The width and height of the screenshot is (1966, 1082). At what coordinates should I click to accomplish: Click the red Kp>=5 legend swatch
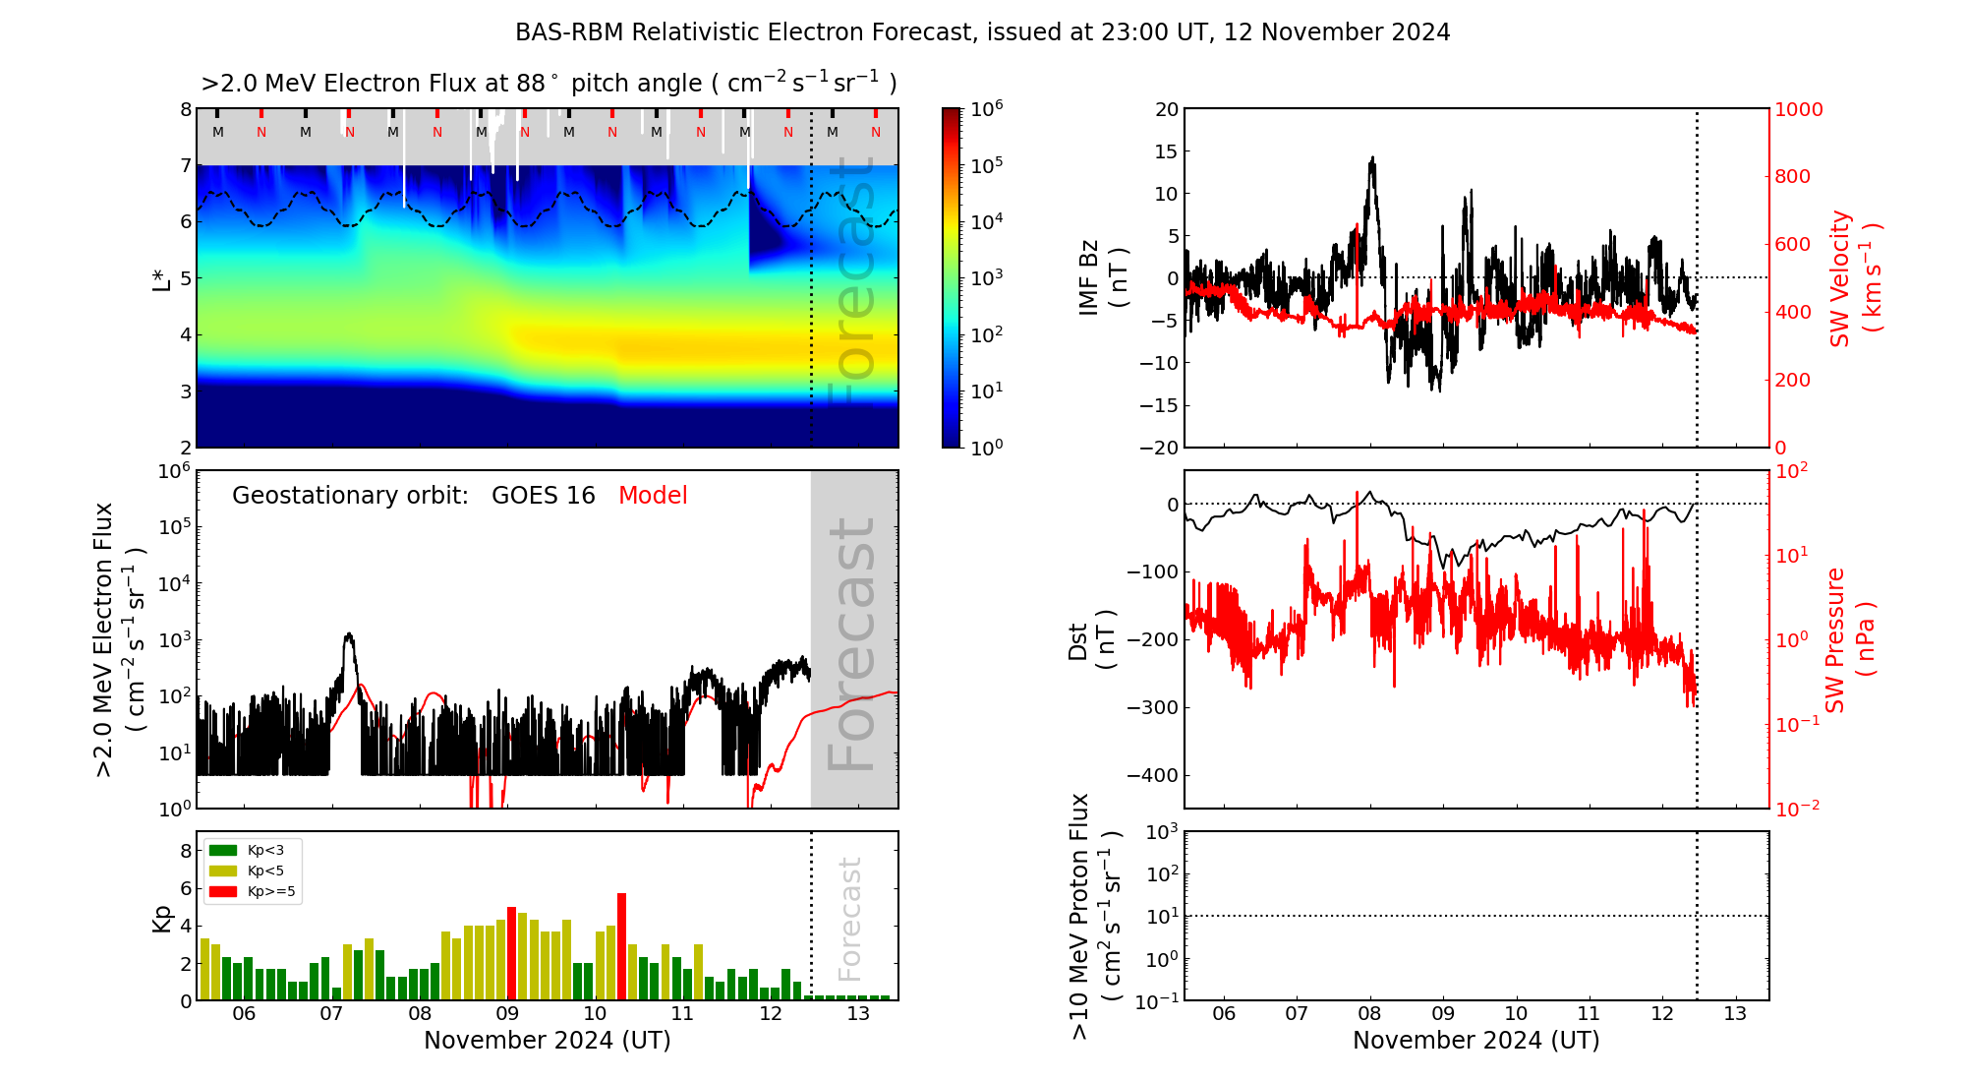pos(223,892)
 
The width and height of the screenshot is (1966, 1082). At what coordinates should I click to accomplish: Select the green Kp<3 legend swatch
pos(223,850)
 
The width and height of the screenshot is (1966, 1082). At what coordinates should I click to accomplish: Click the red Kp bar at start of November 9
pos(511,952)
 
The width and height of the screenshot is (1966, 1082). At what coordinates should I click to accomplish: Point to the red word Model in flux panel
pos(653,496)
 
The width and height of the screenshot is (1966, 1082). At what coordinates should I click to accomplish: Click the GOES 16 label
pos(543,496)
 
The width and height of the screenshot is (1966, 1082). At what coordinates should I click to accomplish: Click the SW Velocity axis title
pos(1854,277)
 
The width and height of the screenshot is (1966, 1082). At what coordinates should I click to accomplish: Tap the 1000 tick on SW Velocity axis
pos(1798,109)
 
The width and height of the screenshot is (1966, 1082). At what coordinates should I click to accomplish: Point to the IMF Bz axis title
pos(1103,277)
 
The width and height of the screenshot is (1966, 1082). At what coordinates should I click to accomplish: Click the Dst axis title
pos(1091,639)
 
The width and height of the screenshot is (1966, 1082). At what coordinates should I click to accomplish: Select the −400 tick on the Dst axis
pos(1151,775)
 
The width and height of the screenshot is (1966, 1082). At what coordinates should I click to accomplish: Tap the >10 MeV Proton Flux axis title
pos(1095,916)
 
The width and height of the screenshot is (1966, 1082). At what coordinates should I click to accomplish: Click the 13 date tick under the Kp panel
pos(858,1014)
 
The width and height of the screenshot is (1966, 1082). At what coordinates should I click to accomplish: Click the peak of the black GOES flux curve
pos(348,635)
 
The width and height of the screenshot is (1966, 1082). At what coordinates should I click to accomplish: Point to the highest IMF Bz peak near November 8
pos(1372,158)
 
